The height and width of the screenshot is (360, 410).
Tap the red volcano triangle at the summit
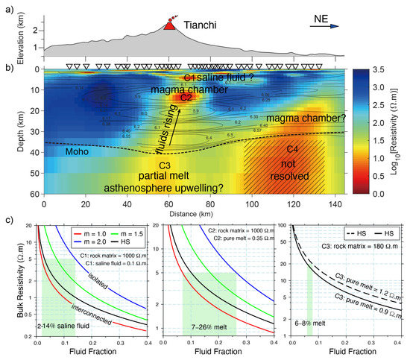(170, 26)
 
